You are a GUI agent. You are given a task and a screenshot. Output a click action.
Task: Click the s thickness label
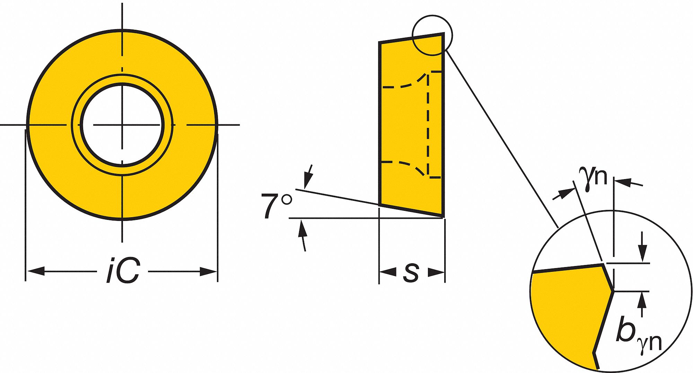click(411, 272)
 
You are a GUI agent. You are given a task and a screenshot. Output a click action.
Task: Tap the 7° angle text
click(276, 206)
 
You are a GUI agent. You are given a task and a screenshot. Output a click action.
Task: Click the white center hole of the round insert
click(122, 125)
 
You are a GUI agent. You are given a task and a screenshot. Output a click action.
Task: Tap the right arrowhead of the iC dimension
click(208, 272)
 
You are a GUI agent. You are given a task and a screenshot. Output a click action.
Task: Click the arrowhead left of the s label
click(388, 272)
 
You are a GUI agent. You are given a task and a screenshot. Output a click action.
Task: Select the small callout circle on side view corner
click(432, 35)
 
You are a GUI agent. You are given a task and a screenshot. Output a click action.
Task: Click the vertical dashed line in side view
click(429, 125)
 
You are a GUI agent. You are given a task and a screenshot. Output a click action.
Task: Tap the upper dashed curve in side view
click(405, 84)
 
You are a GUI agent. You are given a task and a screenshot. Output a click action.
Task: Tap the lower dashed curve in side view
click(405, 165)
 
